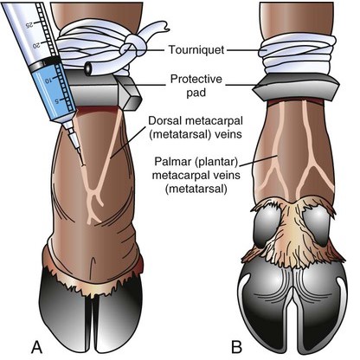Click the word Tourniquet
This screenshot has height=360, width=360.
point(196,49)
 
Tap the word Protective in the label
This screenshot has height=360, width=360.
point(196,79)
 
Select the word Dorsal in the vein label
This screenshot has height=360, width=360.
point(165,120)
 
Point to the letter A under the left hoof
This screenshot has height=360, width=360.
point(36,347)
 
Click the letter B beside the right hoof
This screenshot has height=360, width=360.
point(236,347)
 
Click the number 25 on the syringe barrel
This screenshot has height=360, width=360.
point(30,24)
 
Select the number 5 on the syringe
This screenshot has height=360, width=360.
point(57,100)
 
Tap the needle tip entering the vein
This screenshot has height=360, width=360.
point(83,165)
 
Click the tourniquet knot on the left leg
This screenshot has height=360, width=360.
point(135,46)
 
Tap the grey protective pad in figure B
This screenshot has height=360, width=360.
point(296,87)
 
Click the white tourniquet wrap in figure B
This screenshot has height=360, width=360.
point(298,55)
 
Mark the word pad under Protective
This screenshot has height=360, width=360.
point(196,93)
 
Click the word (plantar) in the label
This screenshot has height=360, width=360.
point(215,162)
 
